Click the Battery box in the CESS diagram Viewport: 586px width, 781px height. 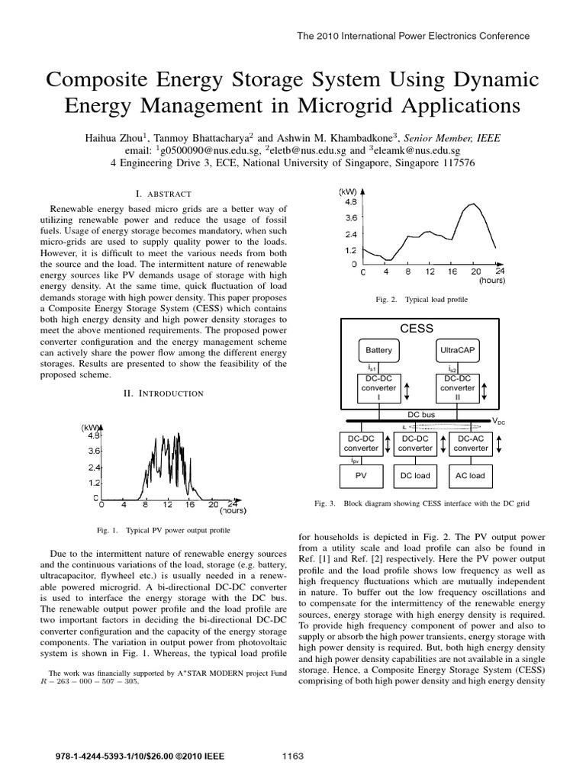[378, 350]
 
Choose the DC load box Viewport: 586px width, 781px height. [416, 475]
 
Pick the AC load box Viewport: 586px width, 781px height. [470, 475]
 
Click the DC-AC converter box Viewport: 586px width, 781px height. [471, 443]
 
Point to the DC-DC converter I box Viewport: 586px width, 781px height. [378, 387]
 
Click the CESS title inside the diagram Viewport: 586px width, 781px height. [416, 329]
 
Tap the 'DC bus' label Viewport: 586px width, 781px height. [420, 413]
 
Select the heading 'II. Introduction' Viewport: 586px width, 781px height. [163, 393]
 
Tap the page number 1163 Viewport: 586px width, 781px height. [293, 756]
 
